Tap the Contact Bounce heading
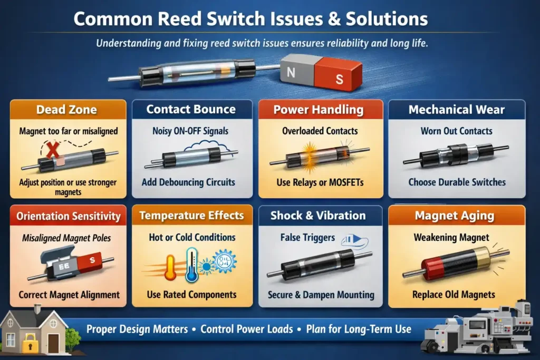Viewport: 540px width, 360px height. [x=190, y=109]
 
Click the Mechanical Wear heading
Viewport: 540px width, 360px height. [x=456, y=110]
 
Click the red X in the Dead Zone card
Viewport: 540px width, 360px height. [x=53, y=151]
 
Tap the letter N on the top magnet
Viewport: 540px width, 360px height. [x=291, y=72]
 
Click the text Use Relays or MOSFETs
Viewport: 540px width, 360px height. [x=320, y=182]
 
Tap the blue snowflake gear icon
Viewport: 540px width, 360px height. [x=224, y=261]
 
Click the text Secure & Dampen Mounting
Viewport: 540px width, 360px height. [x=321, y=295]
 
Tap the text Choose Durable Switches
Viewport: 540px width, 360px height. [x=457, y=182]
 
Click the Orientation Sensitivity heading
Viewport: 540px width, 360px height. [x=68, y=216]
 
